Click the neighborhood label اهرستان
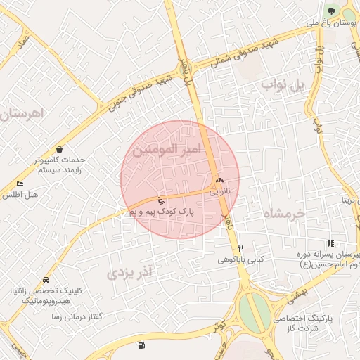22,112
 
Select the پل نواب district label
285,85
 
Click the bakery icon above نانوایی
220,180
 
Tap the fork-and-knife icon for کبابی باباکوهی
241,248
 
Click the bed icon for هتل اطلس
20,184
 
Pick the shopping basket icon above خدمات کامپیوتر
58,149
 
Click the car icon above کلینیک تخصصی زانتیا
46,279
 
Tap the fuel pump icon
143,345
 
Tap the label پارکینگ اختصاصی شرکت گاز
310,323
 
